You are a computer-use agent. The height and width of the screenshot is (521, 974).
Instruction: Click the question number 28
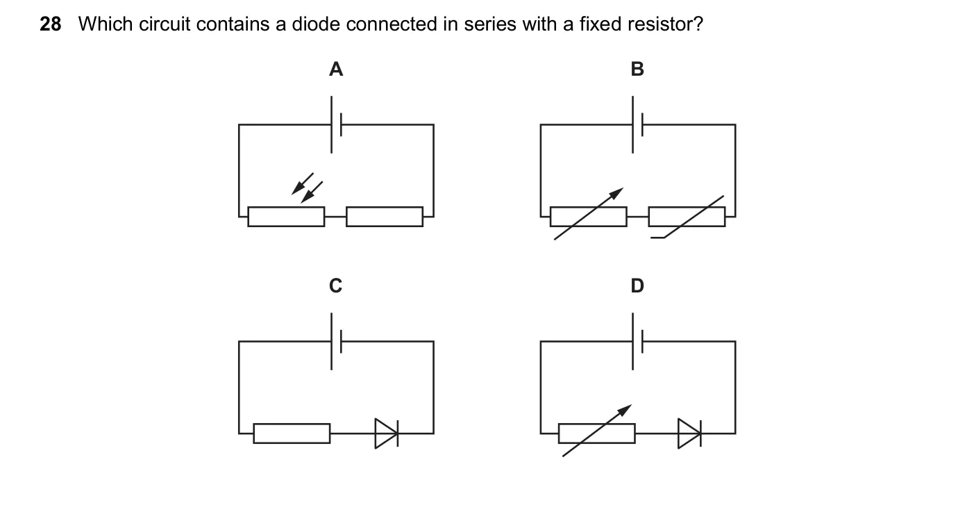pyautogui.click(x=51, y=24)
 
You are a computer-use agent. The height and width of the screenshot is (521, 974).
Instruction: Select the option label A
pyautogui.click(x=336, y=69)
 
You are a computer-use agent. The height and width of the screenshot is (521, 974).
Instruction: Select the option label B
pyautogui.click(x=637, y=69)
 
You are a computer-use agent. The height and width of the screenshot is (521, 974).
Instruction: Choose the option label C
pyautogui.click(x=336, y=286)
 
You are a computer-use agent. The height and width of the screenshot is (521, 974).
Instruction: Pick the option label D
pyautogui.click(x=637, y=286)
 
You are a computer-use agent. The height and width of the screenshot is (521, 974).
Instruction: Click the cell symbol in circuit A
pyautogui.click(x=336, y=125)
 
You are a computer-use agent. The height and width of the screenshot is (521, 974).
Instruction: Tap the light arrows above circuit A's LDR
pyautogui.click(x=307, y=188)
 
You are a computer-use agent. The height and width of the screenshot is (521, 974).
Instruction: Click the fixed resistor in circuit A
pyautogui.click(x=385, y=217)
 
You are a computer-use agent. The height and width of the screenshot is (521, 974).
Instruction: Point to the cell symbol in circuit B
pyautogui.click(x=637, y=125)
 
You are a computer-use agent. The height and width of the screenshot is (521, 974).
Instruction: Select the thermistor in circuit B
pyautogui.click(x=687, y=217)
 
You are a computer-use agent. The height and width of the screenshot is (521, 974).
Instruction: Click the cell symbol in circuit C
pyautogui.click(x=336, y=342)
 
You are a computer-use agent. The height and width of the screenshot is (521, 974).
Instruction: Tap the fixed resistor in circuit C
pyautogui.click(x=292, y=433)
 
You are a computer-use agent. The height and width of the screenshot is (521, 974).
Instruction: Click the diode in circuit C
pyautogui.click(x=386, y=433)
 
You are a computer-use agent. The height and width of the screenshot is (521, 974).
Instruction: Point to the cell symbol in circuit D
pyautogui.click(x=637, y=342)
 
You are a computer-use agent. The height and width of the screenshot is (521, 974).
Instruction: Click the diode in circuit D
pyautogui.click(x=689, y=433)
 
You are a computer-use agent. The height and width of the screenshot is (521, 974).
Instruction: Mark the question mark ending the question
pyautogui.click(x=699, y=24)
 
